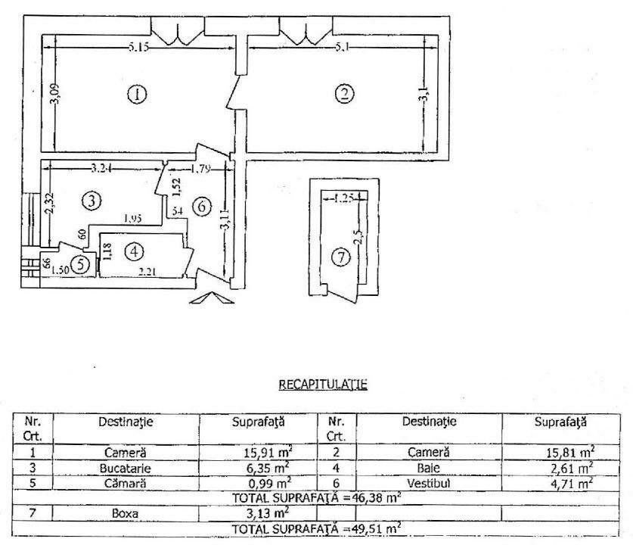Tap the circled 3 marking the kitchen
coord(91,201)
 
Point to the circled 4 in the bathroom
coord(133,251)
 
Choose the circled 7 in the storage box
coord(342,258)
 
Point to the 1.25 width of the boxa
coord(344,198)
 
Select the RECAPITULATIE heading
coord(323,384)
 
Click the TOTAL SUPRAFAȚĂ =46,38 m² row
coord(316,497)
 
